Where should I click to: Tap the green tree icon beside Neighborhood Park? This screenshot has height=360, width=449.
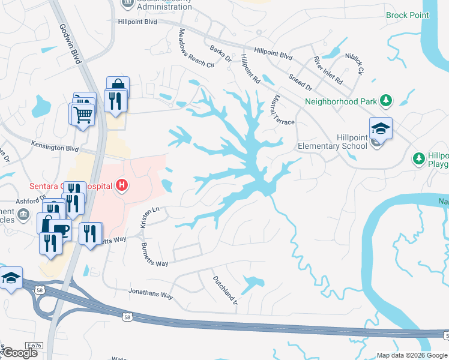pyautogui.click(x=388, y=100)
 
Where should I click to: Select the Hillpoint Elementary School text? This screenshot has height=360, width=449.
pyautogui.click(x=333, y=142)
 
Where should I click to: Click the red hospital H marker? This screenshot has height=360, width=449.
pyautogui.click(x=122, y=185)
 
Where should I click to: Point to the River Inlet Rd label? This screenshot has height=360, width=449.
pyautogui.click(x=328, y=70)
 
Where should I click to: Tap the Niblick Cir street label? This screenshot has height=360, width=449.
pyautogui.click(x=354, y=62)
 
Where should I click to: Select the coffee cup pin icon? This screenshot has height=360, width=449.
pyautogui.click(x=60, y=229)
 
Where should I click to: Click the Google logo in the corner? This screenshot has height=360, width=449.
pyautogui.click(x=19, y=352)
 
